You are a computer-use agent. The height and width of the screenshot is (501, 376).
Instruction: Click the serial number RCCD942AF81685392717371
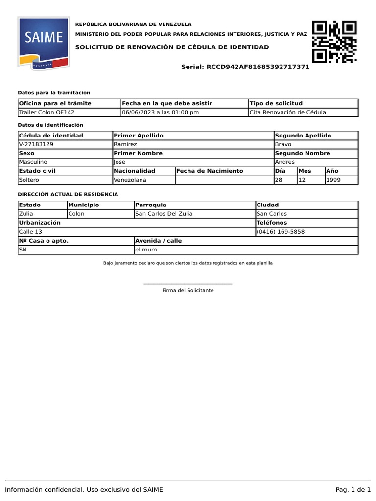click(x=258, y=67)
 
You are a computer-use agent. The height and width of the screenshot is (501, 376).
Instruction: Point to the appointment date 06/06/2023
click(x=139, y=112)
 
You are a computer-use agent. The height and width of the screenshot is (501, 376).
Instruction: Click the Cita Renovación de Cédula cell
click(x=287, y=112)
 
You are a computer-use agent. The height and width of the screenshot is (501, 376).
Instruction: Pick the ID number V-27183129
click(x=36, y=144)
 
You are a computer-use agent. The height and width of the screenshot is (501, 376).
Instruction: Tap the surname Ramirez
click(x=125, y=144)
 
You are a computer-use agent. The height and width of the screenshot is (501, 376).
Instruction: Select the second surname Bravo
click(x=283, y=144)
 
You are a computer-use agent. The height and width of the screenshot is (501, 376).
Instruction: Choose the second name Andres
click(x=285, y=162)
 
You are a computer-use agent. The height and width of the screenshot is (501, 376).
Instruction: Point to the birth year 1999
click(x=334, y=180)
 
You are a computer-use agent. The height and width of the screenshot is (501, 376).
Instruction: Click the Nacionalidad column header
click(x=134, y=171)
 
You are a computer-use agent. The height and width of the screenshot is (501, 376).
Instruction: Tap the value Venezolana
click(x=130, y=180)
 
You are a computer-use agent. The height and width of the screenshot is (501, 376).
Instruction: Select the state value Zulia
click(x=26, y=214)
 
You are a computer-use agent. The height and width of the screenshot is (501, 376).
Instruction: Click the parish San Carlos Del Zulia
click(x=164, y=214)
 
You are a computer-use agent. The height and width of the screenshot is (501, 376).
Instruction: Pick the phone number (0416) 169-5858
click(x=281, y=231)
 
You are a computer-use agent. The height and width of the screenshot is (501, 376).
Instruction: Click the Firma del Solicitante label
click(x=188, y=290)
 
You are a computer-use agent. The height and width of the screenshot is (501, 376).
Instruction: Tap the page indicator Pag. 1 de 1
click(x=353, y=490)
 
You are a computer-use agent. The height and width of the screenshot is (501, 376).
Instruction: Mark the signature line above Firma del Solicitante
click(x=188, y=284)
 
